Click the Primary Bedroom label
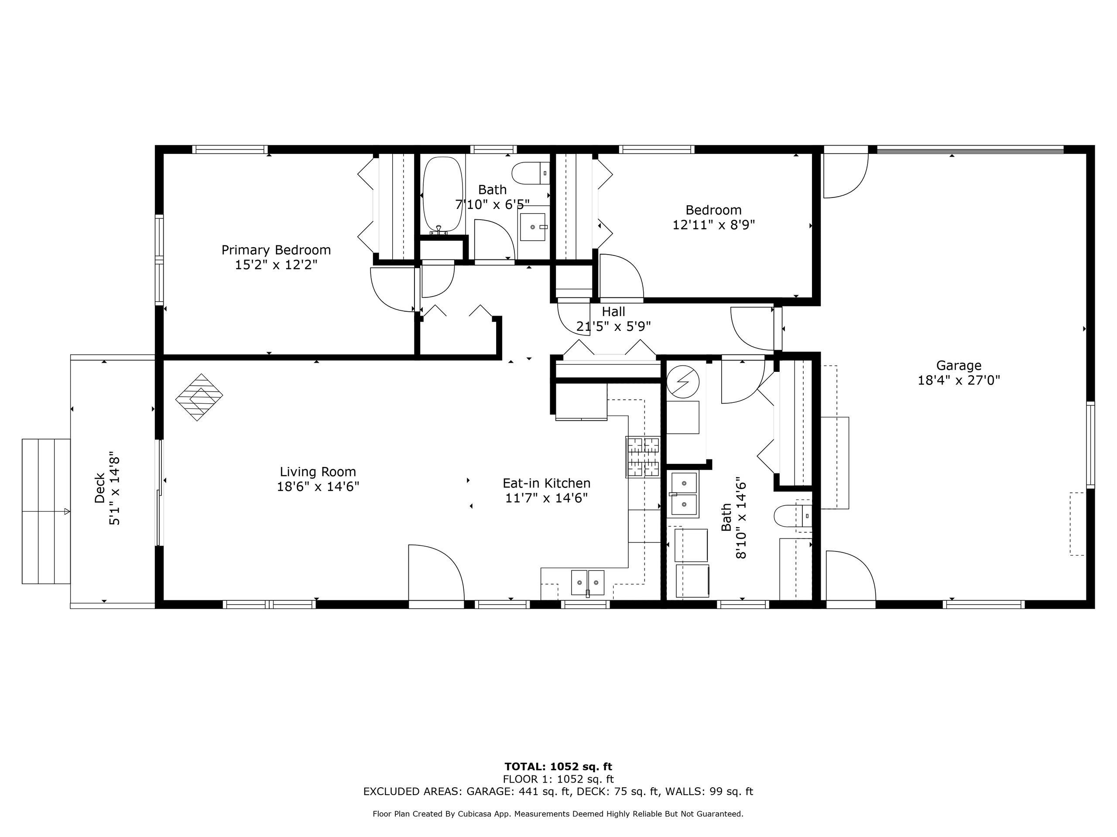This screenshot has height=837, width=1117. (276, 250)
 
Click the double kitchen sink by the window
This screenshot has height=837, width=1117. (588, 583)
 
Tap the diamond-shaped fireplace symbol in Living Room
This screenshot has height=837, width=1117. (199, 398)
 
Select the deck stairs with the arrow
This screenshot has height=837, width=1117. (46, 511)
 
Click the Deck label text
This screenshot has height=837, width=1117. (99, 488)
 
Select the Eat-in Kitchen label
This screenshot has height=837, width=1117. (546, 483)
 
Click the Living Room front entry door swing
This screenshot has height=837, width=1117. (435, 573)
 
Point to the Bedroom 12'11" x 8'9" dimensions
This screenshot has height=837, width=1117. (713, 225)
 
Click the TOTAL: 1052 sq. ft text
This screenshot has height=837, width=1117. (558, 767)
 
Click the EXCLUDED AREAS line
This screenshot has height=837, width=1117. (558, 792)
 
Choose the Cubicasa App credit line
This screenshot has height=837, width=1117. (558, 814)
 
